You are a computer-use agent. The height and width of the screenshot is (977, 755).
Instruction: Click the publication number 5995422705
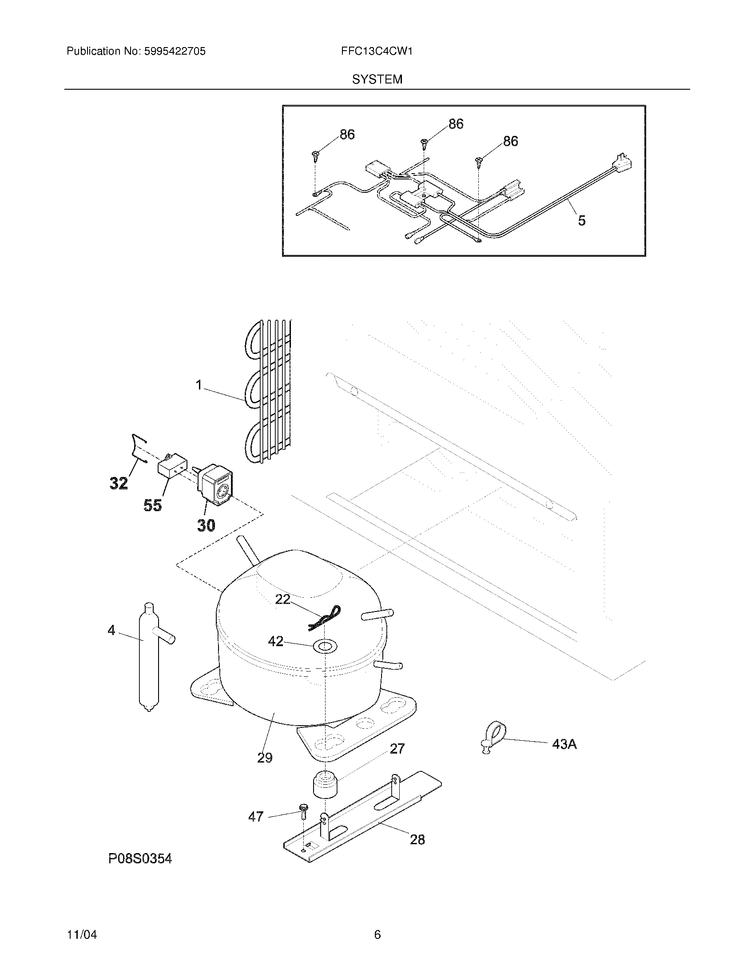click(x=175, y=52)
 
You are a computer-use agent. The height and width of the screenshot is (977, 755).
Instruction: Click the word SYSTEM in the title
click(x=377, y=79)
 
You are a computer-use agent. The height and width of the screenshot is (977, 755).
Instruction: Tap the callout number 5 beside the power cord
click(x=581, y=221)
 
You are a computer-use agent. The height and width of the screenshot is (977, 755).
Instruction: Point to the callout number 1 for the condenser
click(x=199, y=385)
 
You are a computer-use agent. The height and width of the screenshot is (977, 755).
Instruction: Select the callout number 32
click(x=119, y=483)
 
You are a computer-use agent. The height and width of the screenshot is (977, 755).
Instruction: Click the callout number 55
click(x=152, y=505)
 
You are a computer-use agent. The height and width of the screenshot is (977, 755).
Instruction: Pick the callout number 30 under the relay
click(x=206, y=525)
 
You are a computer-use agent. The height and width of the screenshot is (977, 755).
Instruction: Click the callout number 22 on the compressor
click(x=282, y=599)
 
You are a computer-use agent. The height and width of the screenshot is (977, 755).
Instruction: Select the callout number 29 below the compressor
click(x=265, y=758)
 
